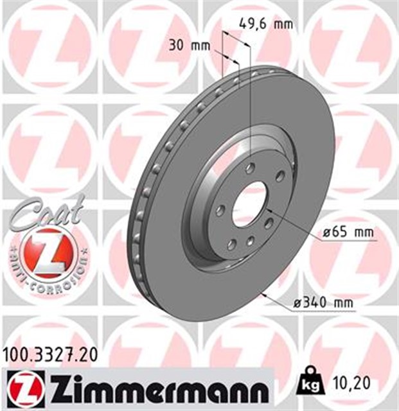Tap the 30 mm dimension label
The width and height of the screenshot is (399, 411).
point(191,46)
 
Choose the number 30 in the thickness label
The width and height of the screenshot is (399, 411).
point(180,46)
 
